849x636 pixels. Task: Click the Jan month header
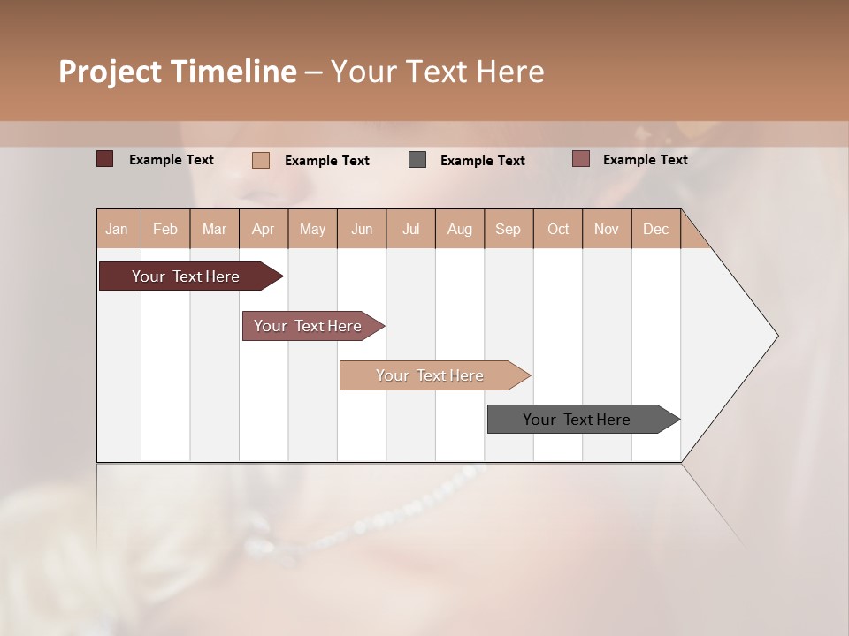click(117, 229)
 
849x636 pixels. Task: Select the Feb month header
click(165, 229)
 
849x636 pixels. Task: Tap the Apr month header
click(263, 229)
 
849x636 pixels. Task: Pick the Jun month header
click(362, 229)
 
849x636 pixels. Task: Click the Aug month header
click(459, 229)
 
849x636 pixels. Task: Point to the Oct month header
click(558, 229)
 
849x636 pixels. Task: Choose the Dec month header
click(655, 229)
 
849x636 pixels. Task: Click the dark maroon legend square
click(104, 159)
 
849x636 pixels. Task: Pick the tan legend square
click(260, 160)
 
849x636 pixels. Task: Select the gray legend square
click(417, 160)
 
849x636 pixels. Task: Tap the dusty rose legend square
click(580, 159)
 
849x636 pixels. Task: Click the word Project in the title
click(110, 71)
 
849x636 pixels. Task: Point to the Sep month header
click(508, 229)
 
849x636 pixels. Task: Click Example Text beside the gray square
click(482, 161)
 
